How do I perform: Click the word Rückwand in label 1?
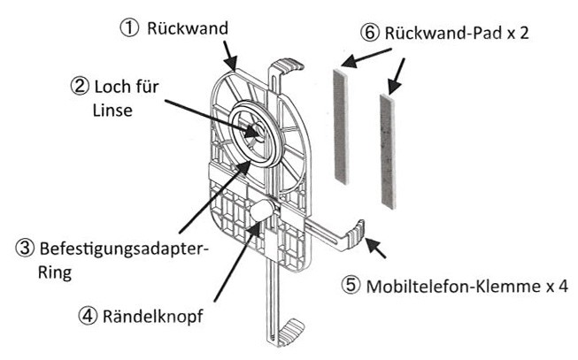[x=189, y=28]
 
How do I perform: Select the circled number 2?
[x=80, y=87]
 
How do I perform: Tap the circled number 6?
[x=370, y=34]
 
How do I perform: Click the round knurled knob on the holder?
[x=263, y=211]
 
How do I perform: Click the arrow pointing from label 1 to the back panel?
[x=233, y=57]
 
